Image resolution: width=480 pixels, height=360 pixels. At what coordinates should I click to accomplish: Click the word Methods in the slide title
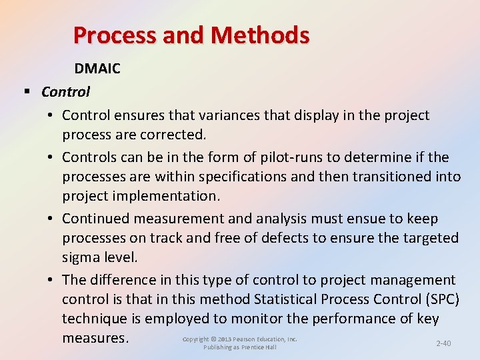click(x=266, y=35)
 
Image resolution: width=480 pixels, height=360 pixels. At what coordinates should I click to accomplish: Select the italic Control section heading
click(x=65, y=91)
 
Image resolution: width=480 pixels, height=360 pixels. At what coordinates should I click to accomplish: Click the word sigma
click(x=81, y=257)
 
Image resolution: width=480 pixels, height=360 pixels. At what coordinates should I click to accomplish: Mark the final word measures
click(x=95, y=338)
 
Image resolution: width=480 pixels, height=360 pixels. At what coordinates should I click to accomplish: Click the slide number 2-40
click(x=443, y=343)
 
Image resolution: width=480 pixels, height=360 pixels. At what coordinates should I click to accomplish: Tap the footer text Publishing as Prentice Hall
click(x=240, y=347)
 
